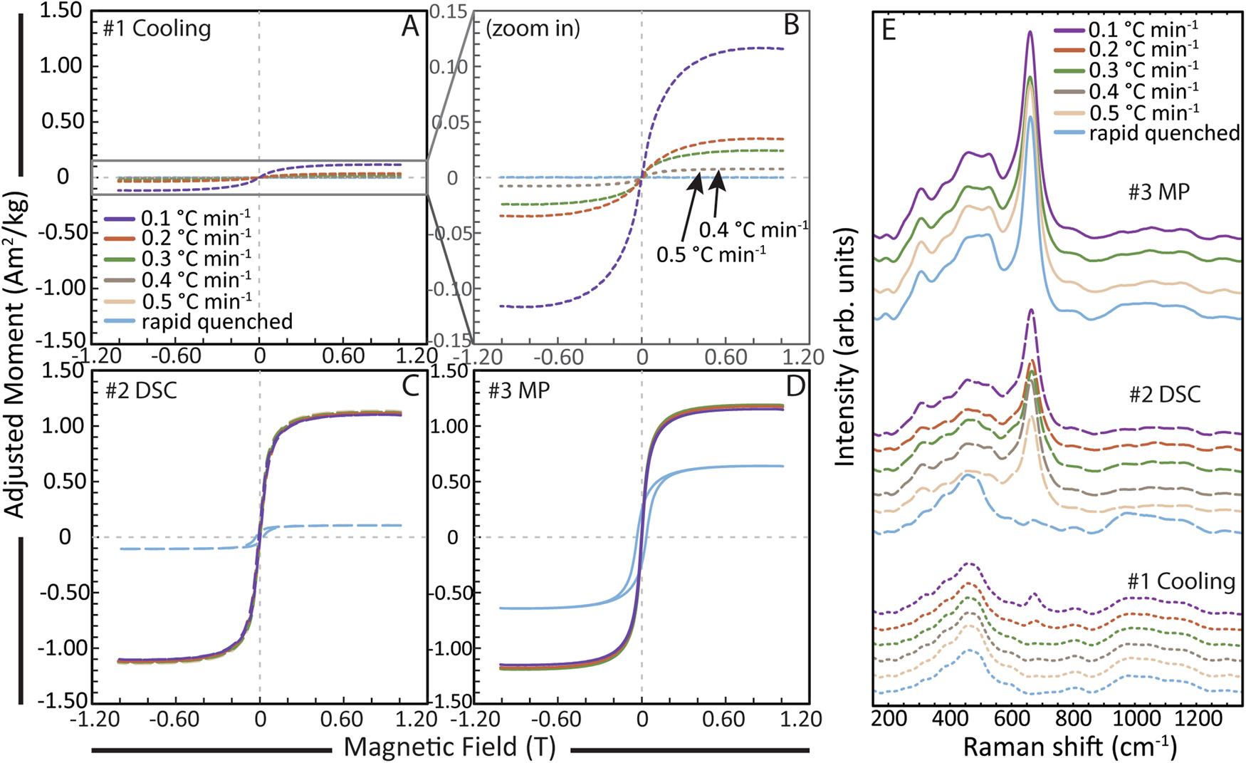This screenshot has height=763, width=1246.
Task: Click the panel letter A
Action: point(410,27)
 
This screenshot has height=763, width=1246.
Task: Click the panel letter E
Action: point(888,31)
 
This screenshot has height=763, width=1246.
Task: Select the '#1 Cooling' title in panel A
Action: point(157,29)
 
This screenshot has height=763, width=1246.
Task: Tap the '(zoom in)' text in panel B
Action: point(533,28)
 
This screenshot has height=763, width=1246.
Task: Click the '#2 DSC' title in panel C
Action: point(140,390)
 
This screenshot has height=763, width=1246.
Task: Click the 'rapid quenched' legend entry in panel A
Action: point(216,322)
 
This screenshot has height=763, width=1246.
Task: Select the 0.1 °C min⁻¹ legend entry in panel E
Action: point(1143,29)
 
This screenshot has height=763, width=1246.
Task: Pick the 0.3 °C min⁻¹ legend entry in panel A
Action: point(197,259)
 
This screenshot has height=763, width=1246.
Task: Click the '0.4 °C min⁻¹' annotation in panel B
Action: point(753,230)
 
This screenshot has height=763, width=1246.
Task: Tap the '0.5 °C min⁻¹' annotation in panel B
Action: point(711,254)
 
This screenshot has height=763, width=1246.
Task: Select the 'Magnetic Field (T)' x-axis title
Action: point(449,747)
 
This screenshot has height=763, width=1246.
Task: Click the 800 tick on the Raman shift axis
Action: point(1072,718)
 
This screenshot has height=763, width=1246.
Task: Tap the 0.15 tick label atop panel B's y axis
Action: point(447,12)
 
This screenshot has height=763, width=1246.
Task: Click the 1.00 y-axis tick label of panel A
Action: point(61,66)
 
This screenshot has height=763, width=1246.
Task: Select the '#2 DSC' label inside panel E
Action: point(1164,394)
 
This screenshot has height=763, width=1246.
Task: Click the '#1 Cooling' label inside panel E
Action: point(1180,581)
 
